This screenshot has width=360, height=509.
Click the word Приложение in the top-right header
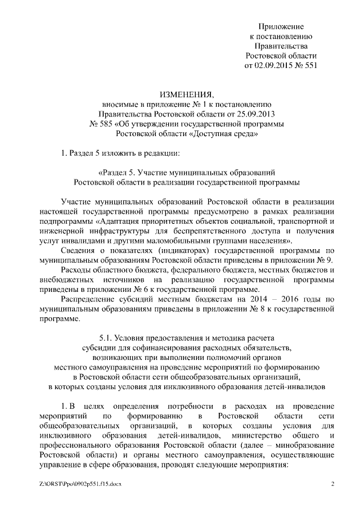[281, 26]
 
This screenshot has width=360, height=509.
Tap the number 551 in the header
[310, 66]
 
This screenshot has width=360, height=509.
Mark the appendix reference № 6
[141, 291]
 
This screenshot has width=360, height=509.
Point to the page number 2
[332, 484]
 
